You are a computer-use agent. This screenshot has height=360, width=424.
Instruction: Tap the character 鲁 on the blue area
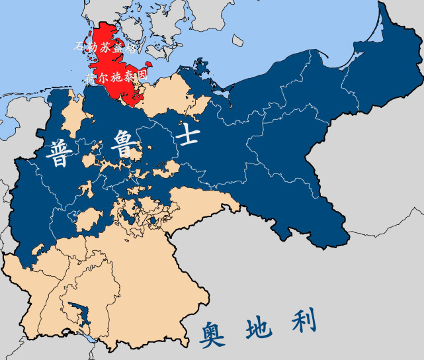tap(124, 143)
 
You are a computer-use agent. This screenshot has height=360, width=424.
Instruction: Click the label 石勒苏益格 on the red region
tap(105, 48)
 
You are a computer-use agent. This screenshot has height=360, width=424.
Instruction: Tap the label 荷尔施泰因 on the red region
tap(116, 77)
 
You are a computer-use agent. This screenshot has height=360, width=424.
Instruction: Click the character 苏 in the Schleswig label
tap(105, 48)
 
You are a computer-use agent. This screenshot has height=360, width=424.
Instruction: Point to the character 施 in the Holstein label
tap(116, 77)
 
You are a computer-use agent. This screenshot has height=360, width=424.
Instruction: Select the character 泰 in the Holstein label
tap(128, 77)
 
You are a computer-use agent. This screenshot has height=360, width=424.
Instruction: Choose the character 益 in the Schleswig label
tap(118, 48)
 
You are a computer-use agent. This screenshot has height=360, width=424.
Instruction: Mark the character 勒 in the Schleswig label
tap(93, 48)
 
